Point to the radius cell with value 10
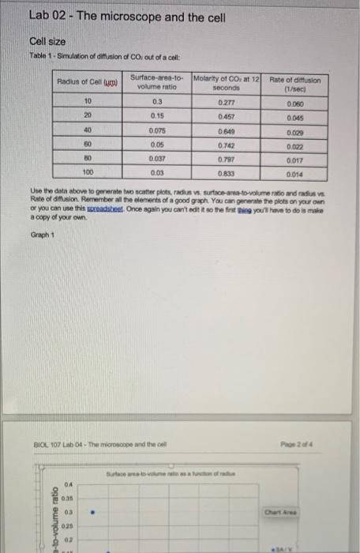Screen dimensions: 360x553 pos(88,101)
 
